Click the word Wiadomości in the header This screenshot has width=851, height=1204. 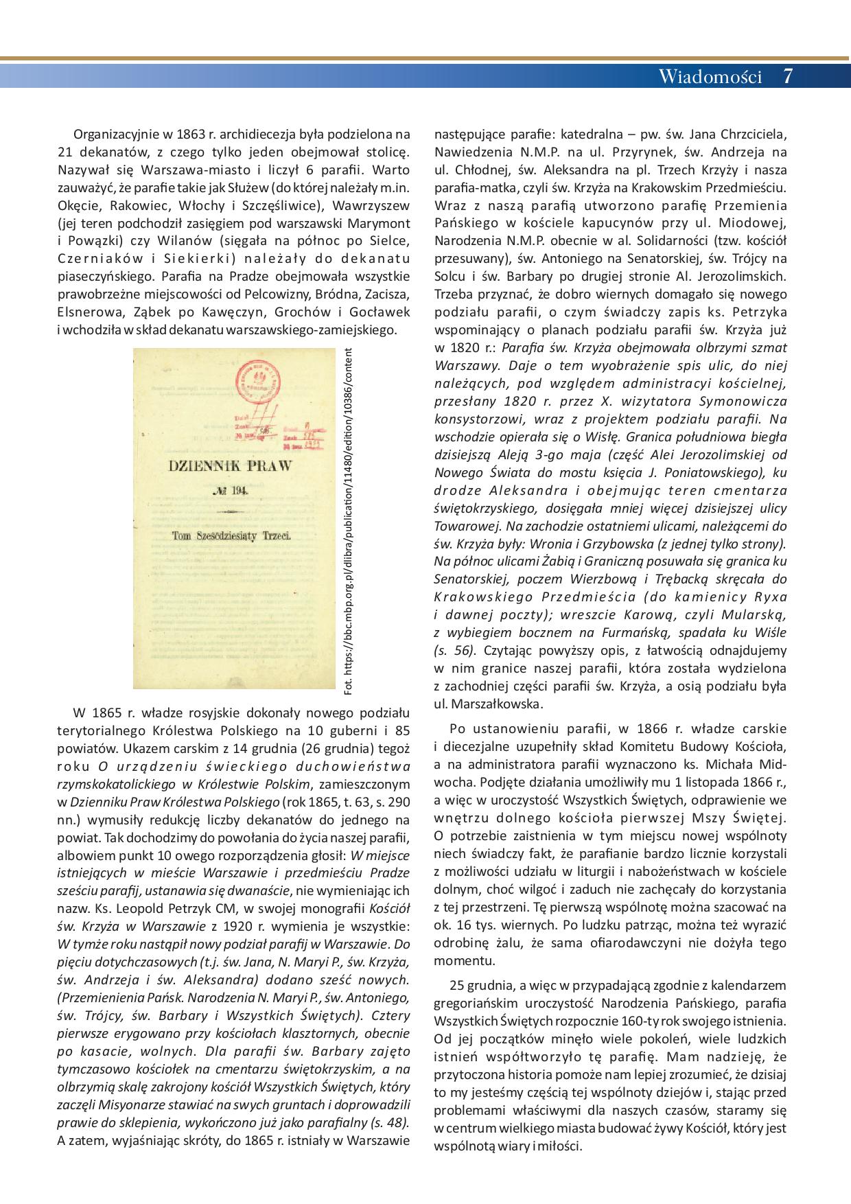710,76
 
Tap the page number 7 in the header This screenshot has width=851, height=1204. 787,76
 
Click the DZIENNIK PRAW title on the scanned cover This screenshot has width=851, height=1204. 230,465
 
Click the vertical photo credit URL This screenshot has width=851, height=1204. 348,520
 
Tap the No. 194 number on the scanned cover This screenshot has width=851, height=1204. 230,490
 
